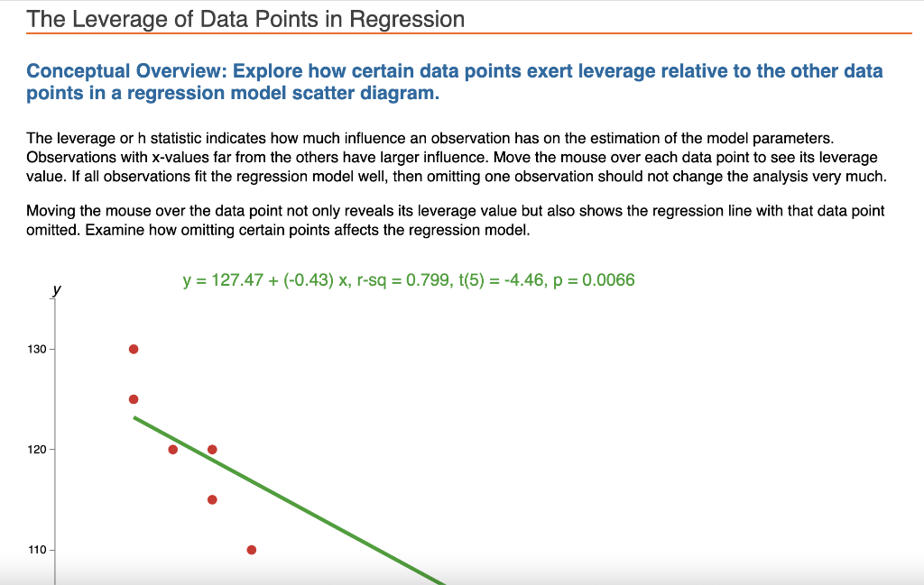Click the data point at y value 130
coord(134,349)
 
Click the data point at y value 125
coord(134,399)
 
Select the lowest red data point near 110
coord(251,550)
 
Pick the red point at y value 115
coord(212,499)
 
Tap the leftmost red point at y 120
coord(173,449)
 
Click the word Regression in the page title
coord(407,19)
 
